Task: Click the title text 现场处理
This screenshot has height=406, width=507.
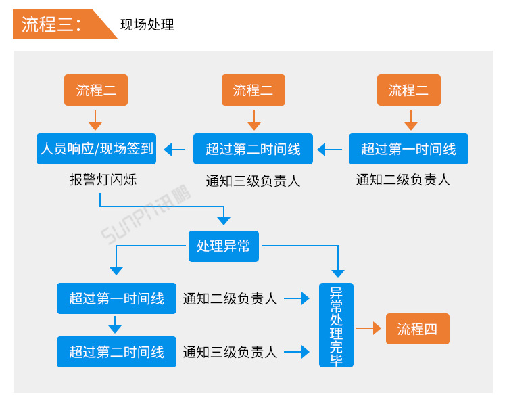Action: [147, 25]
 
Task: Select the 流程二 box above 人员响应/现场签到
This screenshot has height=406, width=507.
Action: [96, 90]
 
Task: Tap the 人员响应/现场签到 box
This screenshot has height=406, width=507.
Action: [97, 149]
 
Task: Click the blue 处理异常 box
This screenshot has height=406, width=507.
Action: [223, 246]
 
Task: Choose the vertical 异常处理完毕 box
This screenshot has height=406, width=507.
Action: [336, 325]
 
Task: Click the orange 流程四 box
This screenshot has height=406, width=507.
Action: [417, 330]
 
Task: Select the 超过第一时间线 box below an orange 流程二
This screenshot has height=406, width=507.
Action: [408, 149]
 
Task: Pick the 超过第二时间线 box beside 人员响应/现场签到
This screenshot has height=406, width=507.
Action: [253, 149]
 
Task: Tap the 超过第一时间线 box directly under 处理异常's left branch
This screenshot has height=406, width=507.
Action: [116, 298]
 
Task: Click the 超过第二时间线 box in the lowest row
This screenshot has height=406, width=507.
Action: [116, 352]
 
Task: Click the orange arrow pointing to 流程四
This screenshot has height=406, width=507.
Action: [369, 329]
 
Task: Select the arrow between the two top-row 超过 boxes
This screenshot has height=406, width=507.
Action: [330, 150]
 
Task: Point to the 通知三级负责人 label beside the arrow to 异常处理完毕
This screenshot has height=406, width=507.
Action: [230, 352]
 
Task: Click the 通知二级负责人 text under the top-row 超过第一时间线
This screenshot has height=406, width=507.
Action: [403, 180]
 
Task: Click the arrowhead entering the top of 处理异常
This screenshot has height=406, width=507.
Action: [223, 221]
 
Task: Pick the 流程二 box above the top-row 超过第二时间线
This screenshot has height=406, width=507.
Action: [254, 90]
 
